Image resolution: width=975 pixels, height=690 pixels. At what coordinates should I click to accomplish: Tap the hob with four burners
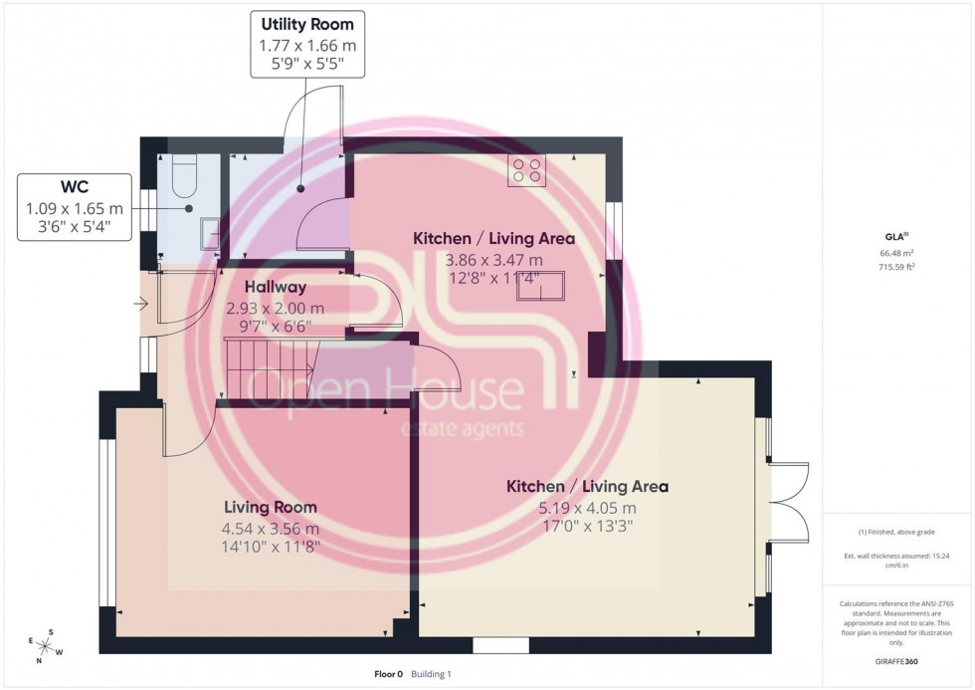click(x=527, y=171)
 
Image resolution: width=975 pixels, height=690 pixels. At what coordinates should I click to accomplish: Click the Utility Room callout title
click(x=306, y=23)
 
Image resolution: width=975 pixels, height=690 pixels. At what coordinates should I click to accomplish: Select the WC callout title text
click(x=75, y=188)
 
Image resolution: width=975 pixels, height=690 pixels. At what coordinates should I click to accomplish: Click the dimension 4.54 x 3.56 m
click(x=271, y=528)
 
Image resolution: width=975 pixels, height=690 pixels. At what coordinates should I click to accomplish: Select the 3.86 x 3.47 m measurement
click(x=493, y=259)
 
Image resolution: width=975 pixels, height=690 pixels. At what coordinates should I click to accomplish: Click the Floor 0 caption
click(x=388, y=674)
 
